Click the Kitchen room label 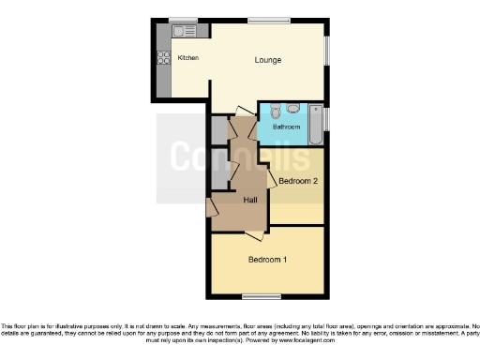point(188,58)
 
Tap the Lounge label point(268,61)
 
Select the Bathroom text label point(286,127)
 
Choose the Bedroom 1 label point(267,259)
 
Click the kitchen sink point(185,32)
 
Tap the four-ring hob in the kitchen point(162,57)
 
